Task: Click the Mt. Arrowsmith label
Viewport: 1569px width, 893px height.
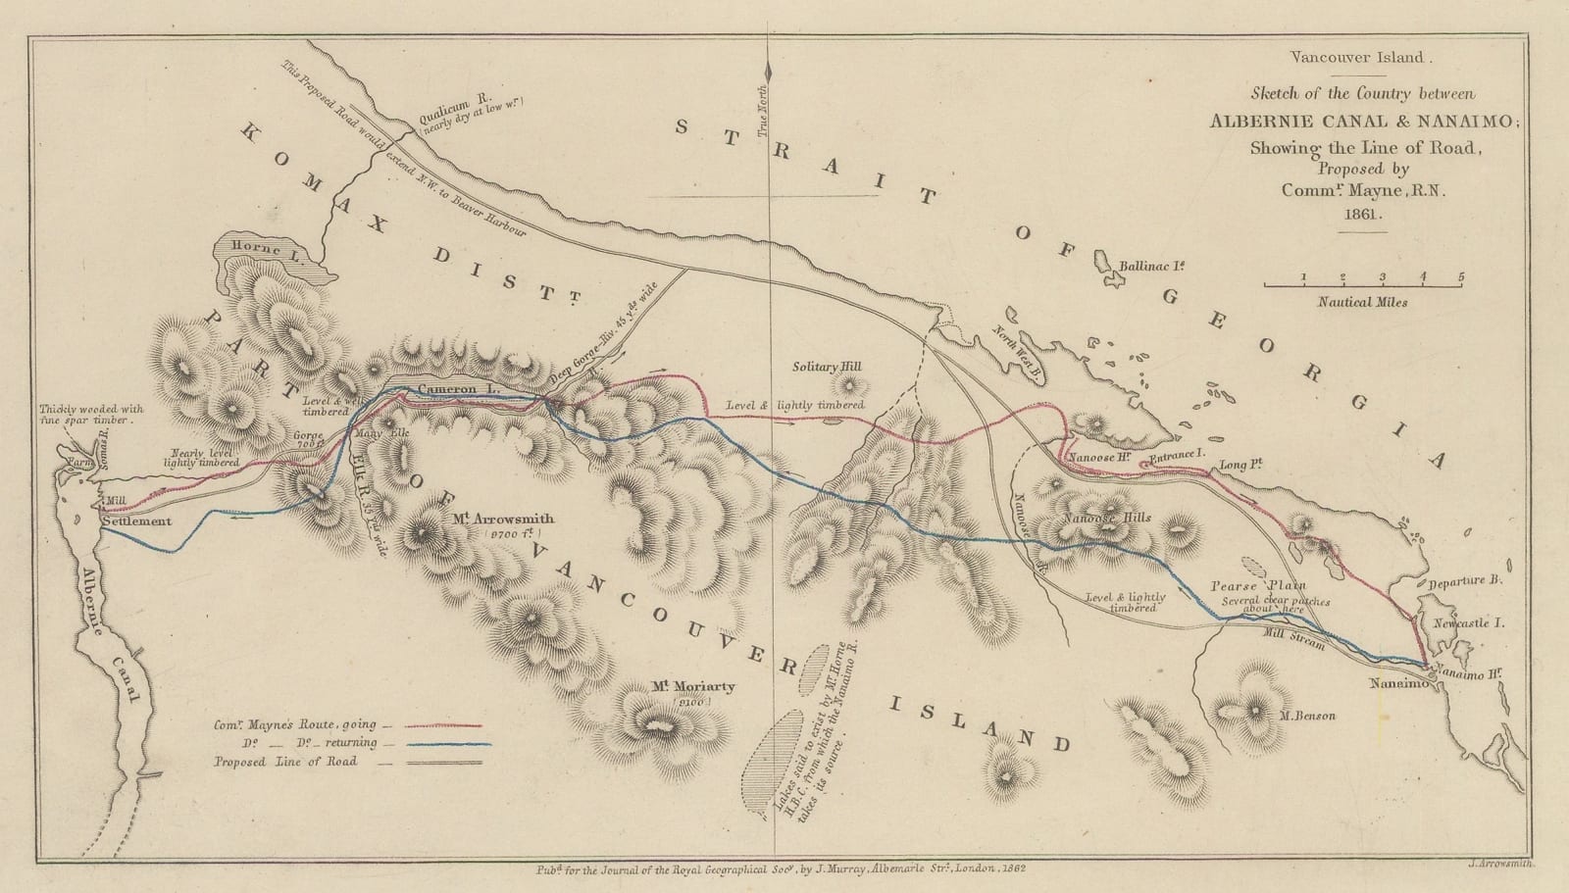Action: tap(503, 519)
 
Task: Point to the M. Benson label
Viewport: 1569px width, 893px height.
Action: tap(1308, 717)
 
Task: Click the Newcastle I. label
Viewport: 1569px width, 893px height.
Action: tap(1467, 623)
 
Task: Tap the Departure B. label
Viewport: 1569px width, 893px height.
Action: tap(1466, 580)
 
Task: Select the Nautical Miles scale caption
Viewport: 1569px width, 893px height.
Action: tap(1362, 302)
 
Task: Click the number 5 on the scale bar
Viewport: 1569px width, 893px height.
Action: tap(1461, 276)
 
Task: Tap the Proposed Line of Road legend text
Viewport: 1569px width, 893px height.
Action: tap(286, 762)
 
